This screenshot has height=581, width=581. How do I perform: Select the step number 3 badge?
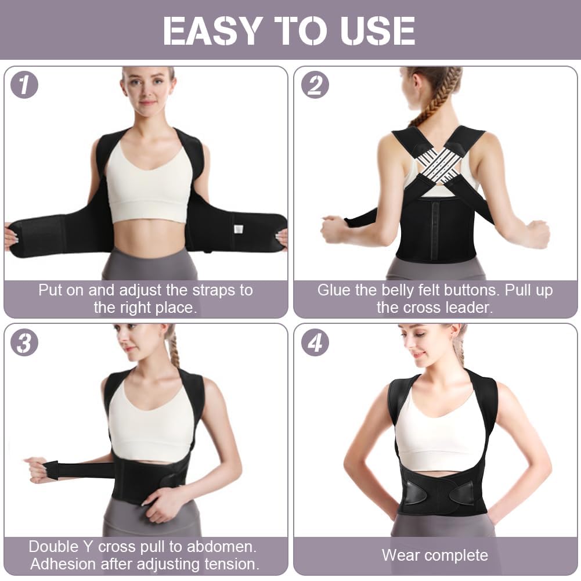coord(24,343)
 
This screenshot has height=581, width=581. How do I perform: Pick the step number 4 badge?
coord(315,343)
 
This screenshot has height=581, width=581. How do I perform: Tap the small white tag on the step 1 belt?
coord(237,229)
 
